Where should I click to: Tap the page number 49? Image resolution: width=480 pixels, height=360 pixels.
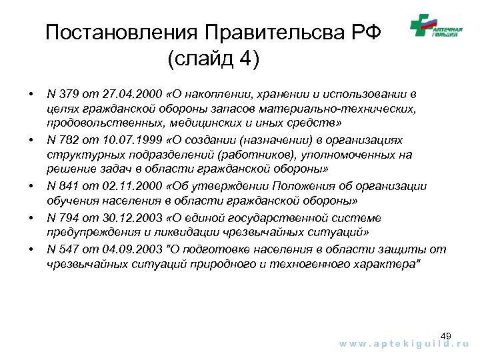coord(446,335)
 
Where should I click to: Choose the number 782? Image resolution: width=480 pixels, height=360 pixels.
coord(69,141)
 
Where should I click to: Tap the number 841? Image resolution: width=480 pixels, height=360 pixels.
coord(69,187)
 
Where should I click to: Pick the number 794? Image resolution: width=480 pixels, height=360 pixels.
coord(69,218)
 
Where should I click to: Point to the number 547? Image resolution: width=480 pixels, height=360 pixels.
coord(69,249)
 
